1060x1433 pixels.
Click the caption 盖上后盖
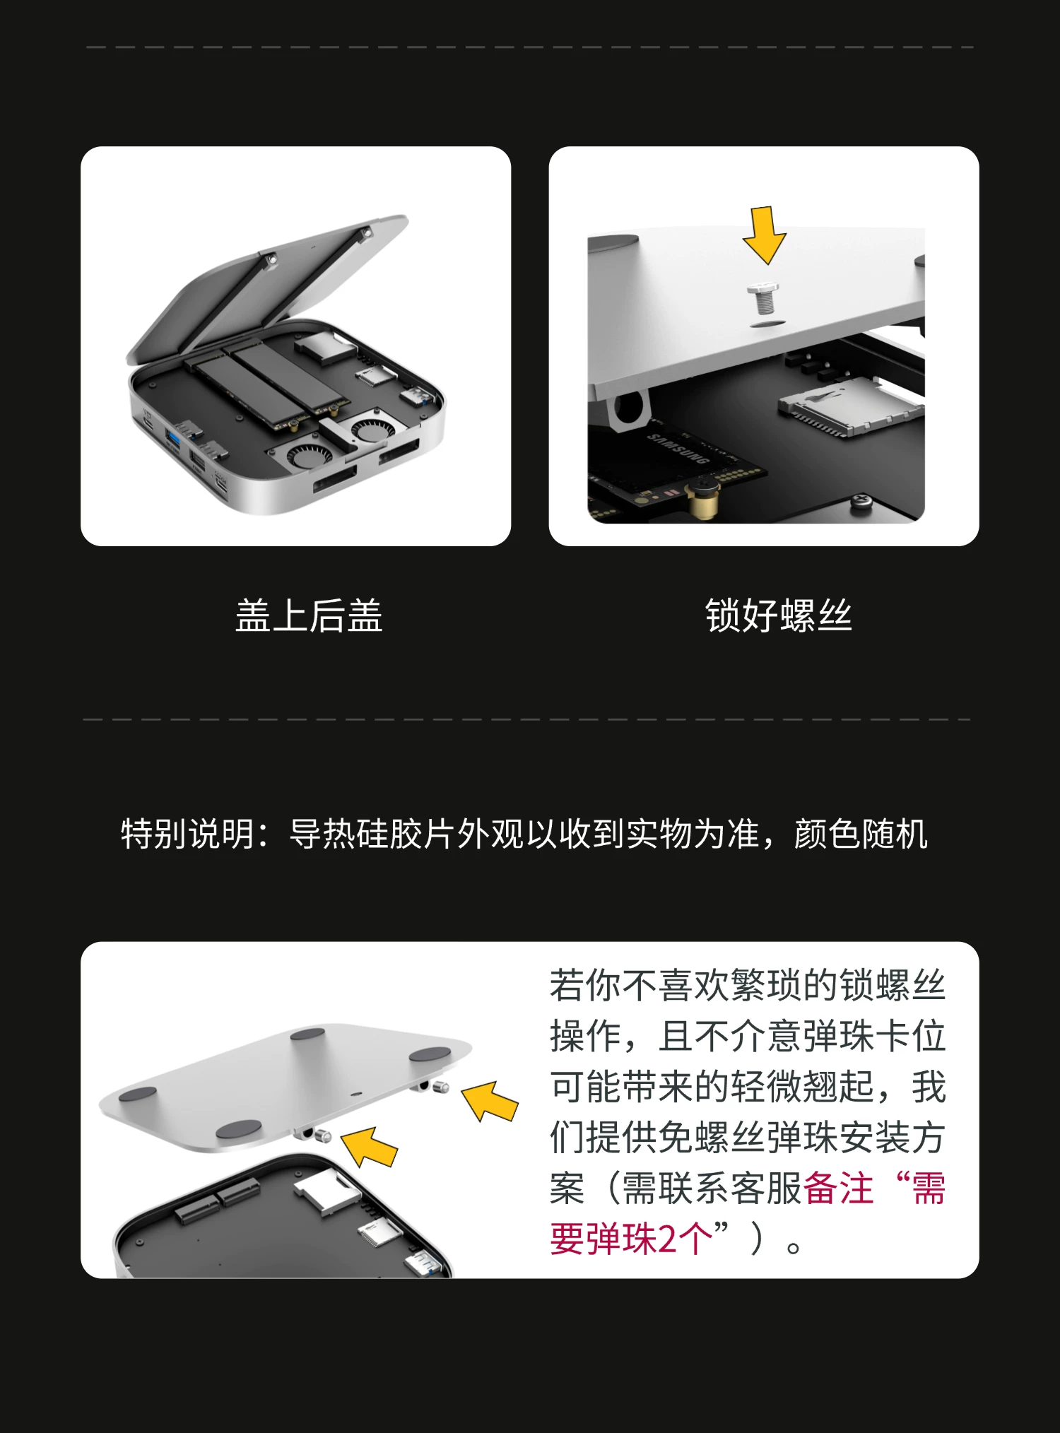pos(309,615)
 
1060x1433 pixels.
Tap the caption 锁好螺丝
pos(778,615)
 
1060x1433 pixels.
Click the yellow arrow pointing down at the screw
pos(764,235)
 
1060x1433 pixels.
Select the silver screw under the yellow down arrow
pos(763,298)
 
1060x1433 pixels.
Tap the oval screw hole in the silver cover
pos(767,323)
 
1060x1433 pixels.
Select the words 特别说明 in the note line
pos(188,834)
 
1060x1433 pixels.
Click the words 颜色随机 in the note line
pos(861,834)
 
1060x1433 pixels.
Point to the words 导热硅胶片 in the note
pos(372,834)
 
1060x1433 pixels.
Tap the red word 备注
pos(838,1188)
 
